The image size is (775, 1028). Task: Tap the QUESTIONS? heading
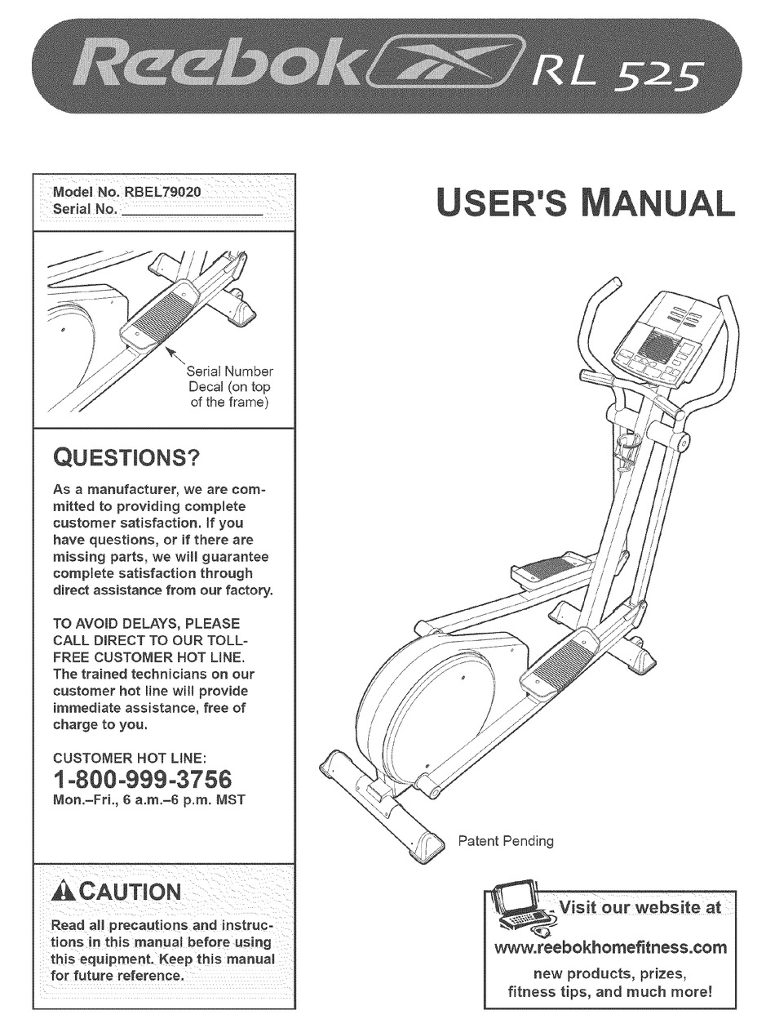click(x=126, y=457)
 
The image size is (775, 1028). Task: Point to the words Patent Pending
click(x=506, y=840)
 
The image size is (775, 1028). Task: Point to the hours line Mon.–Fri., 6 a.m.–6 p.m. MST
click(x=148, y=800)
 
